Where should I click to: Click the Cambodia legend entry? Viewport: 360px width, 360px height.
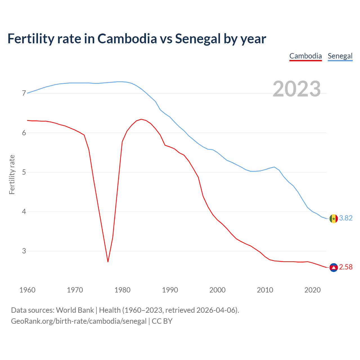[305, 56]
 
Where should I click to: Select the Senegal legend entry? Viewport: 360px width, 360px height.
[340, 56]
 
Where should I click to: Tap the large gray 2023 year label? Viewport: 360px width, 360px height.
[297, 89]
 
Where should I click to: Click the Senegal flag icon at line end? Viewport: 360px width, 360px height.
[334, 219]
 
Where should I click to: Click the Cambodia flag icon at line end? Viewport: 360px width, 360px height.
[334, 267]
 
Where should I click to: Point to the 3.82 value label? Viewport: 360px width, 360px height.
[346, 218]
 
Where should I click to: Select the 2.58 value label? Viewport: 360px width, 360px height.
[346, 267]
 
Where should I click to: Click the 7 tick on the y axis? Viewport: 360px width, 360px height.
[24, 93]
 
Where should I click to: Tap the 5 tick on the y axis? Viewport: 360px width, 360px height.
[24, 172]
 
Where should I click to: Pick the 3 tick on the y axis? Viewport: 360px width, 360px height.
[24, 251]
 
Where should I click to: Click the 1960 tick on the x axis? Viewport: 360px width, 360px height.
[27, 290]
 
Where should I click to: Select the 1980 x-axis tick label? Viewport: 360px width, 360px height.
[122, 290]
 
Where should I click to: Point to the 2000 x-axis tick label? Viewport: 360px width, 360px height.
[217, 290]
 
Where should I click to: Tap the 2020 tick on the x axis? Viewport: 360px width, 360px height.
[312, 290]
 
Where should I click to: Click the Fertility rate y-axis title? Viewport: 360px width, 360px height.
[12, 174]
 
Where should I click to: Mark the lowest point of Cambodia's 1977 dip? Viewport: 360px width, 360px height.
[108, 262]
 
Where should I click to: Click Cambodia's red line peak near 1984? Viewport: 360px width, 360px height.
[141, 119]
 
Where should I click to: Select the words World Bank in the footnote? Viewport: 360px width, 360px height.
[75, 310]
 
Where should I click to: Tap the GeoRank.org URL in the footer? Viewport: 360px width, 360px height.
[79, 321]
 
